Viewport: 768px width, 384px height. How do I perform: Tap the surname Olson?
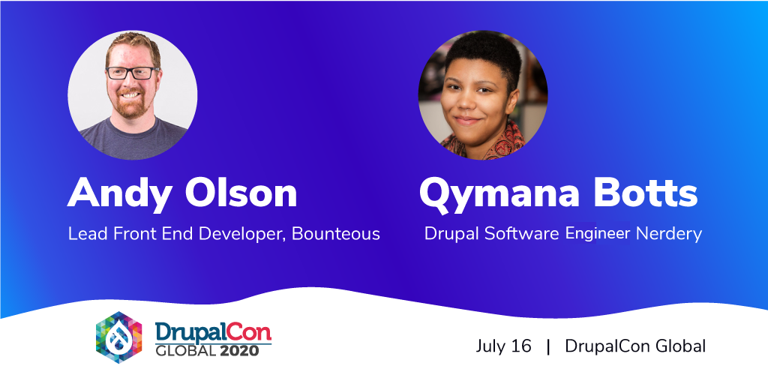241,193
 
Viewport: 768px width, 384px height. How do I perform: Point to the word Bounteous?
336,234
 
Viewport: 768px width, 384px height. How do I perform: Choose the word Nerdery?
669,234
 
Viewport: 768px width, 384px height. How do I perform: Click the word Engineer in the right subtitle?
598,234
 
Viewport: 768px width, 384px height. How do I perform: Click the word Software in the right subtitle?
522,234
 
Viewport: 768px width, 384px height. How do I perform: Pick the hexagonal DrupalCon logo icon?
119,337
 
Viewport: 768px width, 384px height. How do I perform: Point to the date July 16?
503,346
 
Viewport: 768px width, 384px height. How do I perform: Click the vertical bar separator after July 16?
548,346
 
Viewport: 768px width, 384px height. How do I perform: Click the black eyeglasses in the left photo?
132,73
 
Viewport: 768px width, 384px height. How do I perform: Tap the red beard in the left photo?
130,103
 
